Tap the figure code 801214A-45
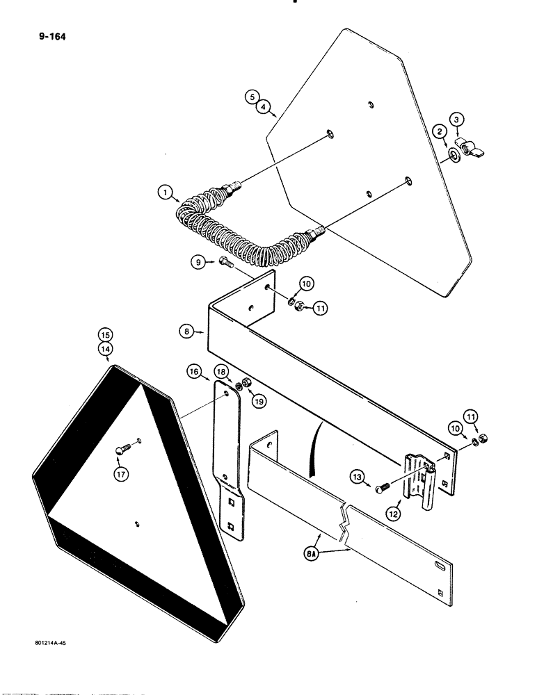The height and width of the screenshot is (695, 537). (45, 644)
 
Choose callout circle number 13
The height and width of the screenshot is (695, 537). (358, 477)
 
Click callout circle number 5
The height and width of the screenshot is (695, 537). (250, 98)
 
